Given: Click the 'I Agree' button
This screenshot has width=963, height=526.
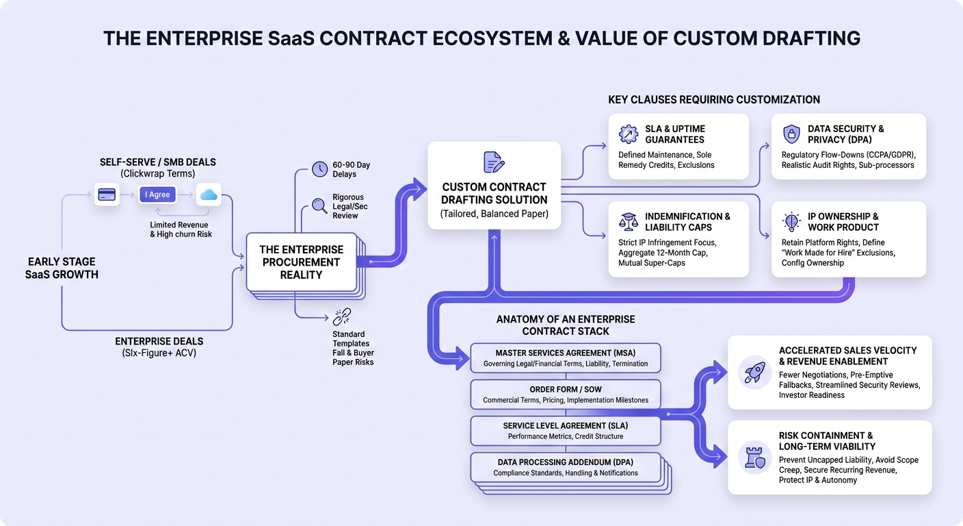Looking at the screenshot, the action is click(x=157, y=195).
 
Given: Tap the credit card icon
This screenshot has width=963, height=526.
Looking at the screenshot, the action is click(x=107, y=195).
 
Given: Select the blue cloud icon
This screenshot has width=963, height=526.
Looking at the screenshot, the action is click(x=209, y=195).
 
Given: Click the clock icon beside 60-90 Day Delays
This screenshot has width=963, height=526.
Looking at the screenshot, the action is click(x=320, y=169).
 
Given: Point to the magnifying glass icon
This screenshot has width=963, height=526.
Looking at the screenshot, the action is click(x=319, y=205).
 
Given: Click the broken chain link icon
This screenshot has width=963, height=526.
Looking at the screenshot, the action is click(x=342, y=317).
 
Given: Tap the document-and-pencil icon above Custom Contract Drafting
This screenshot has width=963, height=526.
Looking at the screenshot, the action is click(x=494, y=162).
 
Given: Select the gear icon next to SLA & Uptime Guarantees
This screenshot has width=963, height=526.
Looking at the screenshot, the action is click(x=629, y=134).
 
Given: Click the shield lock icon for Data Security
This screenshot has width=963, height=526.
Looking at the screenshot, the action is click(x=791, y=134).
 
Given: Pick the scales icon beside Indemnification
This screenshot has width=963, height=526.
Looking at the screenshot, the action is click(x=629, y=222).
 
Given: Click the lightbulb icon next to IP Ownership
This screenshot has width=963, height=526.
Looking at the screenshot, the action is click(x=791, y=222).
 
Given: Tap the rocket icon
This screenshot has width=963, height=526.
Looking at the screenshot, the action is click(x=755, y=373).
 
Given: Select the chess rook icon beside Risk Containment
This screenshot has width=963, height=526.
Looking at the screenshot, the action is click(x=755, y=457).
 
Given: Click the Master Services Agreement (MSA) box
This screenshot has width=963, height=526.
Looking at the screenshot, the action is click(x=566, y=358).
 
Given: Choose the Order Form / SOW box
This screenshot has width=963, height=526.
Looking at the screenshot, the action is click(x=566, y=394).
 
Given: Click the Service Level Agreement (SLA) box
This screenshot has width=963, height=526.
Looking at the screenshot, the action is click(x=566, y=430).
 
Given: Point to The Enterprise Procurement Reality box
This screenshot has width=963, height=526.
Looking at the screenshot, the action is click(x=302, y=262).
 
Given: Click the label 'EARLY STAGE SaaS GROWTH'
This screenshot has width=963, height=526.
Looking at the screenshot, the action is click(x=62, y=268).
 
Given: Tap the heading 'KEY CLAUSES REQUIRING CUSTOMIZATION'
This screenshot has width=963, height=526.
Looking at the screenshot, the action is click(x=714, y=100).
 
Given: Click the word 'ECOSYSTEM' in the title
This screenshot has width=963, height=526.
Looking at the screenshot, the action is click(x=492, y=38).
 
